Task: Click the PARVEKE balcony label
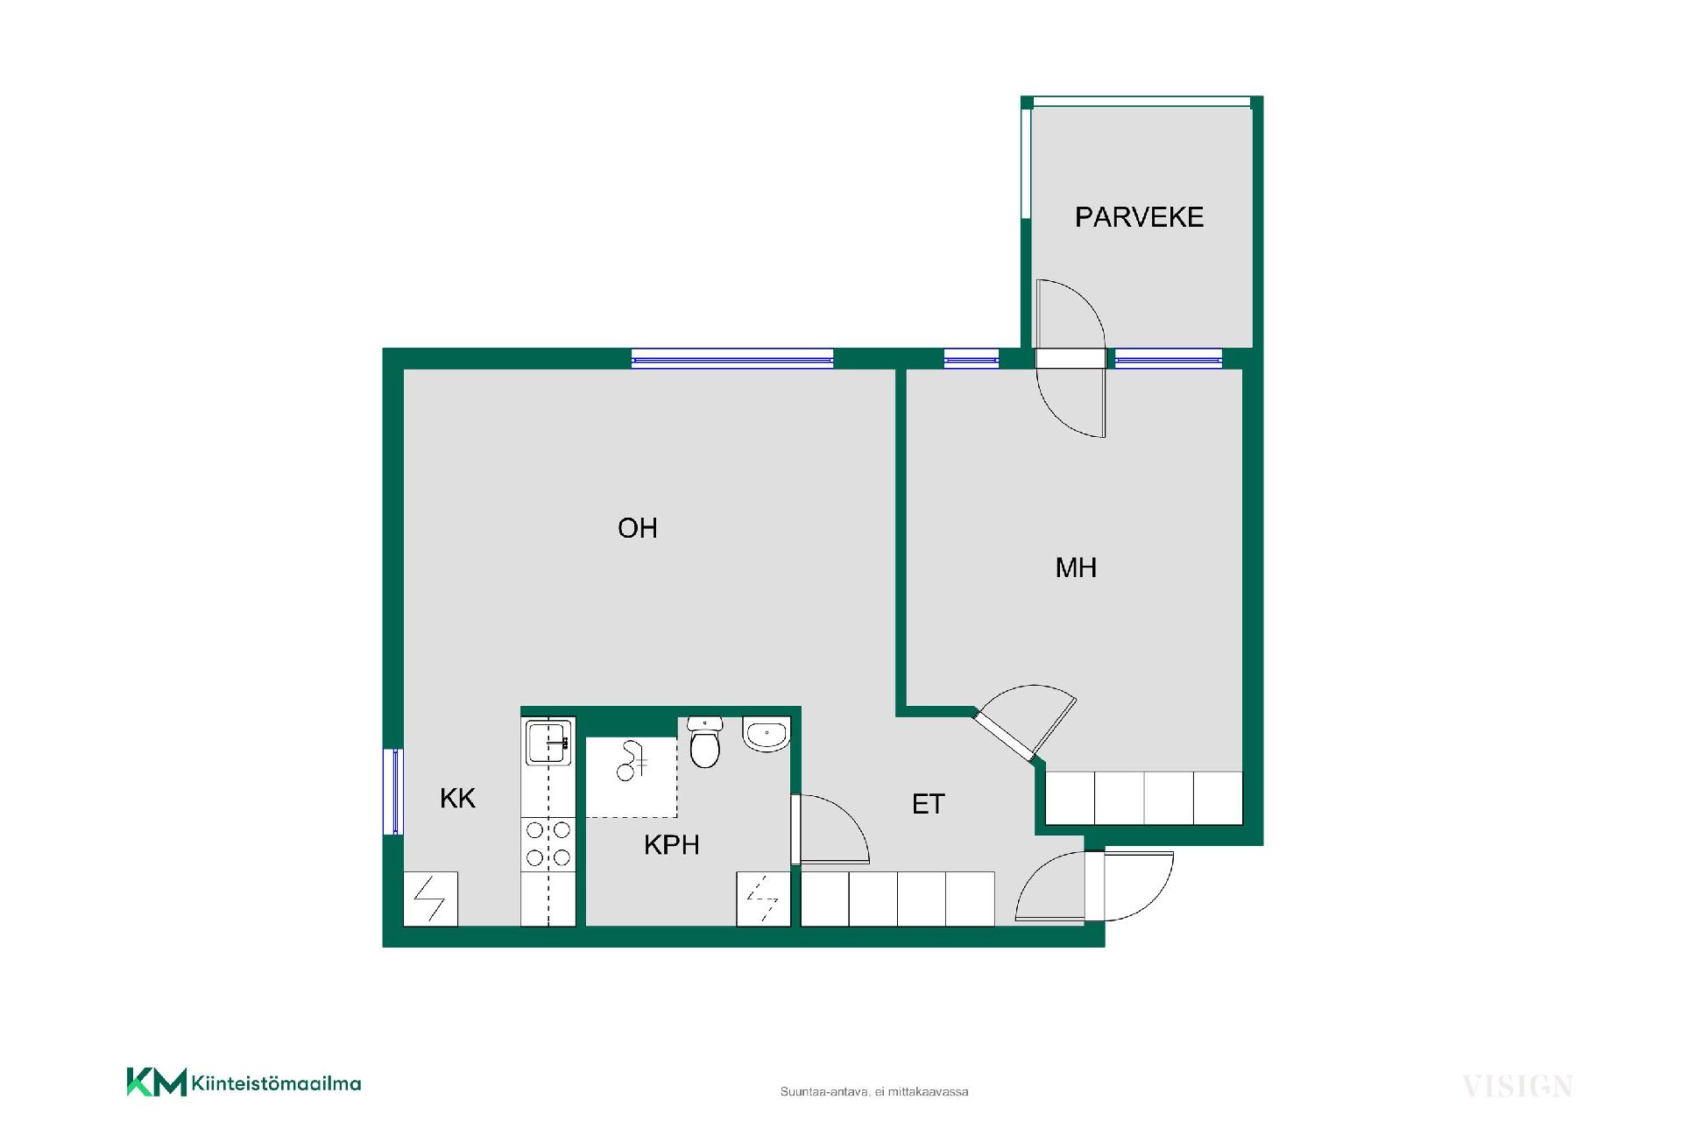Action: pyautogui.click(x=1139, y=217)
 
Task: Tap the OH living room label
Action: pyautogui.click(x=637, y=528)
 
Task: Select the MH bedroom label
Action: pyautogui.click(x=1076, y=568)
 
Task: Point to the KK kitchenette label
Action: pyautogui.click(x=457, y=798)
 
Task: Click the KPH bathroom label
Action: pyautogui.click(x=672, y=844)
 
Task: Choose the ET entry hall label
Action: pyautogui.click(x=929, y=804)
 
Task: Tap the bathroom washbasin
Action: pyautogui.click(x=767, y=734)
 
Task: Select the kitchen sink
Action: pyautogui.click(x=548, y=742)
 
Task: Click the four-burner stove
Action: pyautogui.click(x=548, y=843)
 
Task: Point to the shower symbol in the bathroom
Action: pyautogui.click(x=630, y=761)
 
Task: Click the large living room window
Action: pyautogui.click(x=732, y=358)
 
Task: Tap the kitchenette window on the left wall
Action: pyautogui.click(x=393, y=792)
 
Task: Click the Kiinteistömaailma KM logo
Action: pyautogui.click(x=244, y=1082)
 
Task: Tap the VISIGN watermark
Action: pyautogui.click(x=1517, y=1087)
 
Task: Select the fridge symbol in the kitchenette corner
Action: pyautogui.click(x=430, y=899)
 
